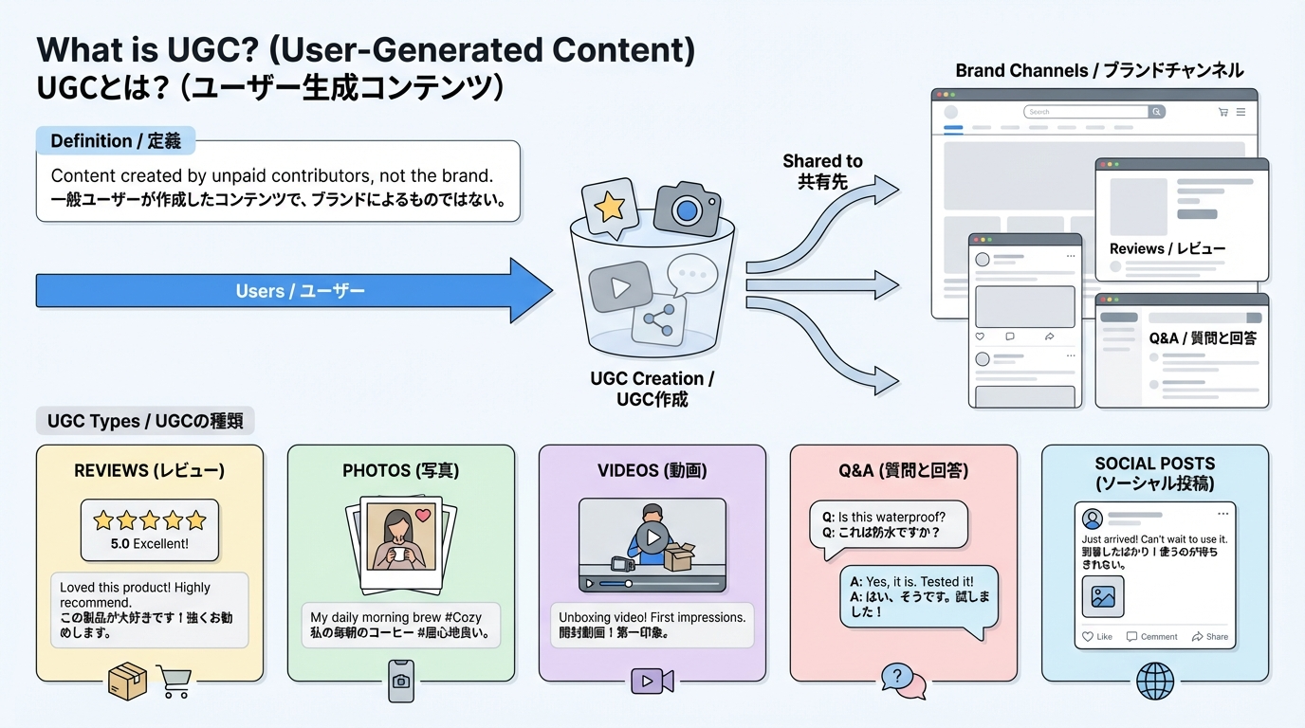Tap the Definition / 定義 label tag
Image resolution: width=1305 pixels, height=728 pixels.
coord(116,141)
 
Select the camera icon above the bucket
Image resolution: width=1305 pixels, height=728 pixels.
coord(687,209)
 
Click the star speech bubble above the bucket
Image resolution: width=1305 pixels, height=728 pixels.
coord(608,206)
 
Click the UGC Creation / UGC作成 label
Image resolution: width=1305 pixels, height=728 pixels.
coord(652,389)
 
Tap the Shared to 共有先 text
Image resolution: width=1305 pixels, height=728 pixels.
coord(822,171)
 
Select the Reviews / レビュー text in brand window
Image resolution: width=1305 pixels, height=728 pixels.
coord(1167,248)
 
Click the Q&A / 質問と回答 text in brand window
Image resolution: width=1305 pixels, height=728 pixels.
coord(1202,338)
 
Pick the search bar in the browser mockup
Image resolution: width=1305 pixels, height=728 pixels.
coord(1087,112)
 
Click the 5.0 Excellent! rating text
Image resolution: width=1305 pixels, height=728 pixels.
coord(149,544)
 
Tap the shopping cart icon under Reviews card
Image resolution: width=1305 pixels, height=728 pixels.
coord(173,681)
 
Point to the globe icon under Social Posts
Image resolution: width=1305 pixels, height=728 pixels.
coord(1154,681)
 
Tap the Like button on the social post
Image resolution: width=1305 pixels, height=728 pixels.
coord(1097,637)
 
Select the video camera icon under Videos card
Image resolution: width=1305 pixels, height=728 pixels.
coord(652,681)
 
